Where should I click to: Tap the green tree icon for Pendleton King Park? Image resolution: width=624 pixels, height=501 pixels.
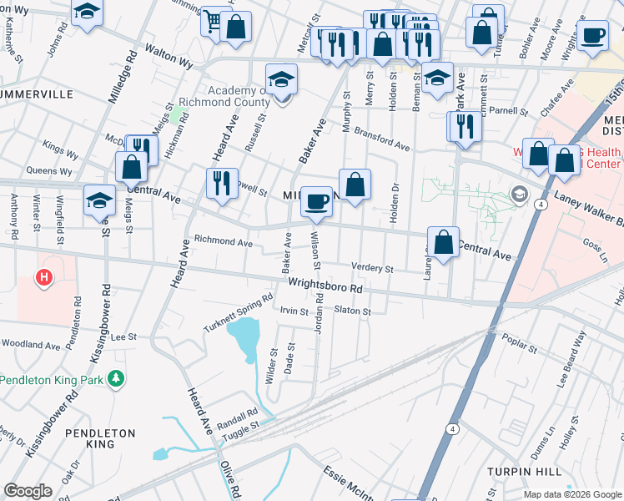tap(118, 379)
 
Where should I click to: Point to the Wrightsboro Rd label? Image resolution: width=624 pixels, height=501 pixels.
tap(327, 286)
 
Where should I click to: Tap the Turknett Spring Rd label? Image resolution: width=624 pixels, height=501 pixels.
tap(239, 312)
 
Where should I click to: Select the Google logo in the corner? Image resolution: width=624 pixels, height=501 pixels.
tap(28, 491)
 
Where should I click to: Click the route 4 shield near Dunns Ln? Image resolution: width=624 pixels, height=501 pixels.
tap(451, 428)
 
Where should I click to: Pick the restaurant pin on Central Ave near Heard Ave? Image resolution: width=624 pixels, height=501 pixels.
tap(221, 183)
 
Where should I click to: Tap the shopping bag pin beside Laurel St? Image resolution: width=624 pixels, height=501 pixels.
tap(444, 242)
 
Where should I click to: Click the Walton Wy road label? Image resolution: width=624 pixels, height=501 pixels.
tap(169, 57)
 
